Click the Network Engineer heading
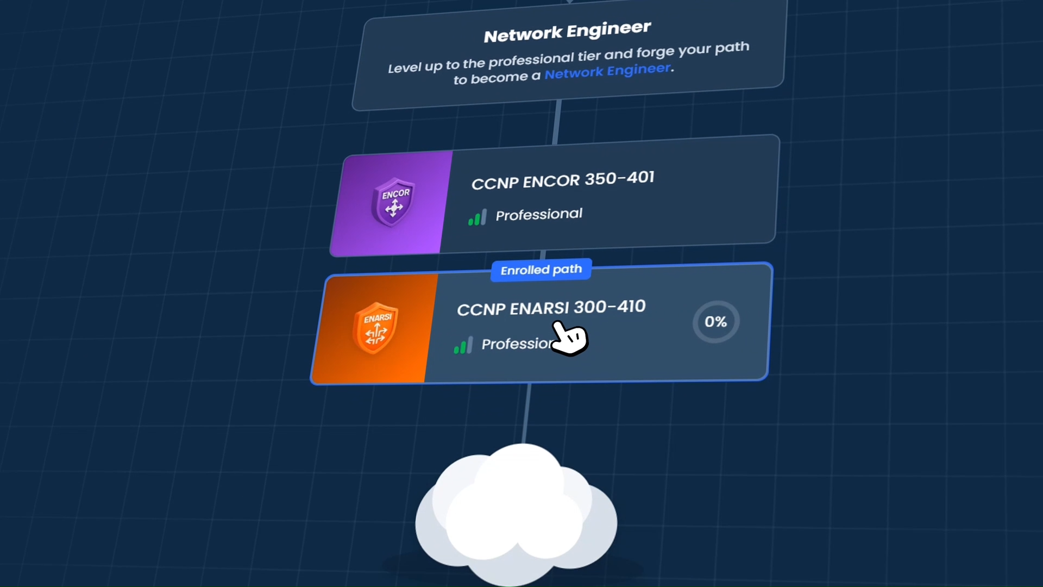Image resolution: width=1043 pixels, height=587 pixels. click(x=567, y=32)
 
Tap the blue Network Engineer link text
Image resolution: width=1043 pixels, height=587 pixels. click(x=608, y=71)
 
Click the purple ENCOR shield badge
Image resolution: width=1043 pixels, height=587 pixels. click(x=393, y=201)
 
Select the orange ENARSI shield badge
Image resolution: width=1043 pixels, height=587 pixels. click(x=375, y=328)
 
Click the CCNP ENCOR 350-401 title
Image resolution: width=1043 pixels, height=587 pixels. click(x=563, y=180)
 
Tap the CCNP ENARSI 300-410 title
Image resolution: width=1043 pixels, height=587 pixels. click(x=551, y=308)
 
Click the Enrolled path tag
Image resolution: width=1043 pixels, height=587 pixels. click(x=541, y=270)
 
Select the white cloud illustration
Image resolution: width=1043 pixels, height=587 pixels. click(x=516, y=514)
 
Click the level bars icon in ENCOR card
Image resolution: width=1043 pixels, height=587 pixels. click(x=477, y=217)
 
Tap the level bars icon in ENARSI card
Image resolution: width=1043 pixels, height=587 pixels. click(x=463, y=345)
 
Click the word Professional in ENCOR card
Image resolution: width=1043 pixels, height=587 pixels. click(x=539, y=215)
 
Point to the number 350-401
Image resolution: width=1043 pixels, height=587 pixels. click(x=619, y=178)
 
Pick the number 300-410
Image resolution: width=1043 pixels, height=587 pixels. click(x=610, y=307)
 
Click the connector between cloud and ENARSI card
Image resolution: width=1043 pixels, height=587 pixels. click(x=526, y=413)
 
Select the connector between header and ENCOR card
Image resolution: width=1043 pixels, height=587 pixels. click(x=556, y=122)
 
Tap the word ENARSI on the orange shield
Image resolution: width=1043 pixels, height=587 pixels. click(x=378, y=318)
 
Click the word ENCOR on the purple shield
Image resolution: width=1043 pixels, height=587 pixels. click(x=395, y=194)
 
